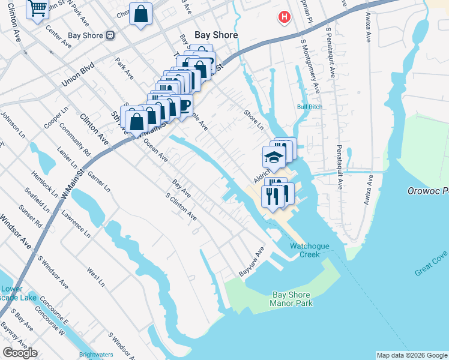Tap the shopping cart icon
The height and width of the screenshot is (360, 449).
point(38,9)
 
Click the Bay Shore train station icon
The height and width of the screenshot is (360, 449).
point(110,35)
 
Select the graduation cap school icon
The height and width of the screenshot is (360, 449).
point(274,158)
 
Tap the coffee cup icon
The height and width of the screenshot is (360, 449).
point(183,106)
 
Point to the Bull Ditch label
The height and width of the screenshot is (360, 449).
point(309,107)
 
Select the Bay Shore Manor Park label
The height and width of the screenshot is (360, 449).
point(292,299)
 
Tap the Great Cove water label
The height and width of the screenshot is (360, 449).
point(431,264)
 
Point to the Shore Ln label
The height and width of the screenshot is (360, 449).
point(253,119)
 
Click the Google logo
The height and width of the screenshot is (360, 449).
point(20,353)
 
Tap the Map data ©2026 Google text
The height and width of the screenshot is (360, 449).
point(412,355)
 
